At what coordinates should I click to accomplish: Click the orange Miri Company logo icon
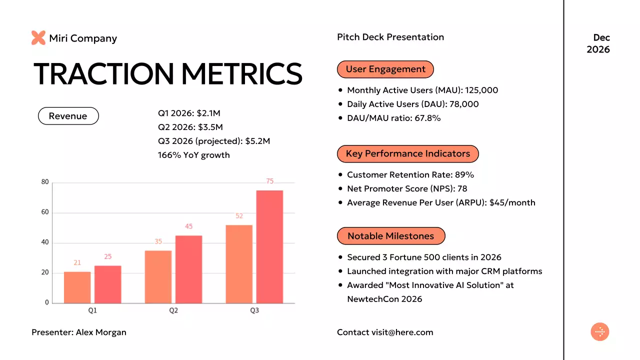38,38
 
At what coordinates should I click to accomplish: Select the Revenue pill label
68,116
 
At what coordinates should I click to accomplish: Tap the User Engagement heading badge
385,69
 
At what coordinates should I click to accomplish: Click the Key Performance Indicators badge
408,154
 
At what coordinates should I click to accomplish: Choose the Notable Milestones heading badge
391,236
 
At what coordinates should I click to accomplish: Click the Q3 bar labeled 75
269,246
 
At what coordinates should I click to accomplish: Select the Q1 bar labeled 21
77,287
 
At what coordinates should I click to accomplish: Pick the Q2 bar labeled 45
188,269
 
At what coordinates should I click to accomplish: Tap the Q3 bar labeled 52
239,263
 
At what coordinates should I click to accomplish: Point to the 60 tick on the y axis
45,212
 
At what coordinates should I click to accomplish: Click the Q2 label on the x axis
173,310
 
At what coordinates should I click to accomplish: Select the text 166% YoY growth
194,155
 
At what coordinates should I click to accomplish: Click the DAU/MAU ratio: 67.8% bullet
393,118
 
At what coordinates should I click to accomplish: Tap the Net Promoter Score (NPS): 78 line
407,189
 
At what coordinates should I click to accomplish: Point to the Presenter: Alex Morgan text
79,332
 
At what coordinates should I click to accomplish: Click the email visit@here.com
402,332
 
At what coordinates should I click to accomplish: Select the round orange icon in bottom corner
600,332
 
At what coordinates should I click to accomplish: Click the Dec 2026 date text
598,43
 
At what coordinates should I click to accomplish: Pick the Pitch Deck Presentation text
390,37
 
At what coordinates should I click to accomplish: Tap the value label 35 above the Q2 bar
158,241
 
